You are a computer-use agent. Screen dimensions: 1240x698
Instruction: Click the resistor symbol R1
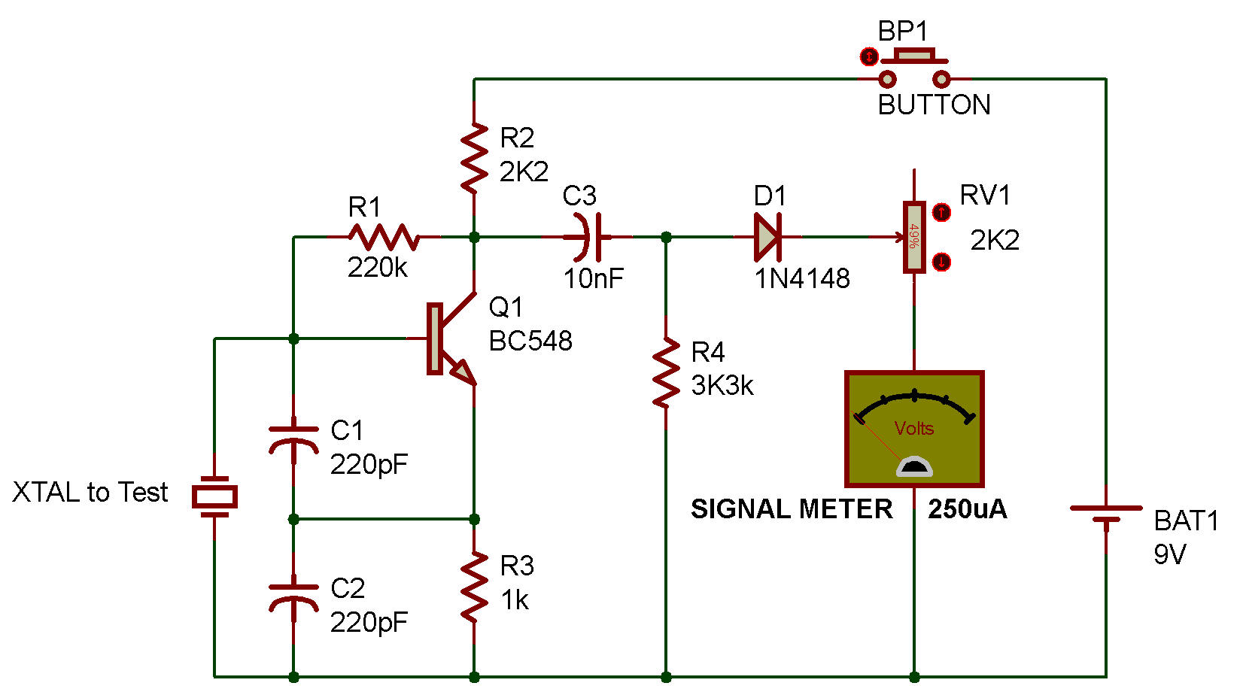(x=383, y=237)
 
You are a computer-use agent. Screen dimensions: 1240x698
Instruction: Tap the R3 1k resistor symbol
(x=475, y=587)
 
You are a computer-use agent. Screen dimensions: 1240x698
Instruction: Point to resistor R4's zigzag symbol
(x=666, y=372)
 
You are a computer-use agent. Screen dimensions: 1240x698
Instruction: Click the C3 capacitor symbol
(x=588, y=237)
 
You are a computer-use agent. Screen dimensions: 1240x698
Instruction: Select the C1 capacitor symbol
(x=293, y=440)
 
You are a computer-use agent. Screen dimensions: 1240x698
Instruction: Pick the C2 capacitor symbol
(x=293, y=598)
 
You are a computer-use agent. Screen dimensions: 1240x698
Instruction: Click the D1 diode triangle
(x=767, y=237)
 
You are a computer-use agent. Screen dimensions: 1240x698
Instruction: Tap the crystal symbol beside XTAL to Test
(x=214, y=496)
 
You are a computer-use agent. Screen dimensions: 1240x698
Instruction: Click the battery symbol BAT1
(x=1106, y=514)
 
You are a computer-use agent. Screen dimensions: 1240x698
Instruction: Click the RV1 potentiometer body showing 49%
(x=914, y=237)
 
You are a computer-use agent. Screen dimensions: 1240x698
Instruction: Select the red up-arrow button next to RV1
(x=941, y=212)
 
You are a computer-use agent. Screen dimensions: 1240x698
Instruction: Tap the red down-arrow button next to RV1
(x=941, y=261)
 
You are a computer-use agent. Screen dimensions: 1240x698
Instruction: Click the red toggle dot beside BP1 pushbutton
(x=868, y=56)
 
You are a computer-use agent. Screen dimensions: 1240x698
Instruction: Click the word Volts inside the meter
(x=914, y=429)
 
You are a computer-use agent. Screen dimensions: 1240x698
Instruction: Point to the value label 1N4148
(x=802, y=278)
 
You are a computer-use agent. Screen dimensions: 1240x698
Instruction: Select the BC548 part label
(x=530, y=341)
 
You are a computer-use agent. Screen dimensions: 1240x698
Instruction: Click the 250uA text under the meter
(x=967, y=509)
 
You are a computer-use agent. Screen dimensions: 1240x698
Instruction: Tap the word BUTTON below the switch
(x=934, y=105)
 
